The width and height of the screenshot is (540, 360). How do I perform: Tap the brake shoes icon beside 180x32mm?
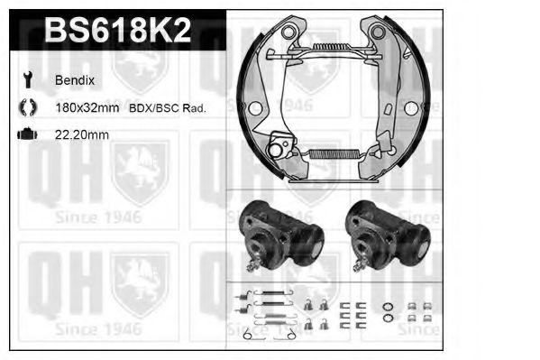coord(26,107)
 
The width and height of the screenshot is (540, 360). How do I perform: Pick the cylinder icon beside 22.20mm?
coord(26,134)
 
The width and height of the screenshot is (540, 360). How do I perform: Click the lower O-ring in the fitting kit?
coord(387,318)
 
